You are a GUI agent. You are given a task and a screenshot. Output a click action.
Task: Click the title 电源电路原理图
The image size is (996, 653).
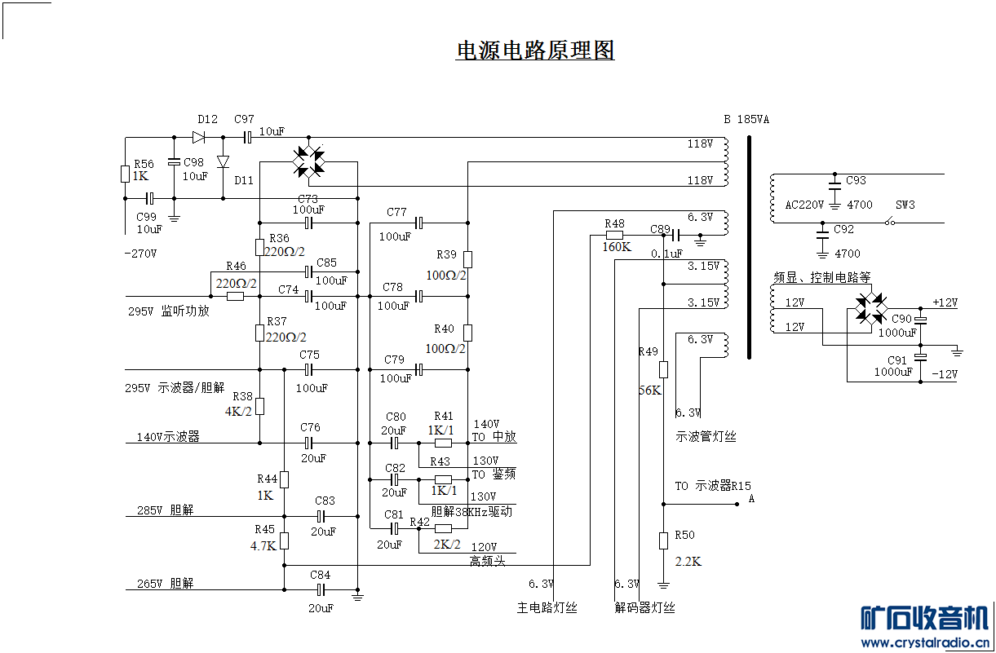(534, 51)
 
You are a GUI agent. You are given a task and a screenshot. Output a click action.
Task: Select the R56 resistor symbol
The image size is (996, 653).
(125, 174)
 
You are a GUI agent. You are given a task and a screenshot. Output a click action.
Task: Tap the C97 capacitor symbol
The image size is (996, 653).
(248, 137)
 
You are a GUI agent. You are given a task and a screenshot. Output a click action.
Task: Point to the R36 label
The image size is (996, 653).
(279, 238)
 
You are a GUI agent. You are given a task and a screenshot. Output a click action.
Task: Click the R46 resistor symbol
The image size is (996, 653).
(235, 296)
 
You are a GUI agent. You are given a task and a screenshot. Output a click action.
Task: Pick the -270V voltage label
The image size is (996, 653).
(140, 254)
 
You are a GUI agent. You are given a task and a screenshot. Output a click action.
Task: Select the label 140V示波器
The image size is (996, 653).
(168, 437)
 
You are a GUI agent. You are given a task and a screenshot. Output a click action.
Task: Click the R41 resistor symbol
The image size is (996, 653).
(443, 443)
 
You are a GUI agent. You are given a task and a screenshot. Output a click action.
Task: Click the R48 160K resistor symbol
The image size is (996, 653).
(614, 236)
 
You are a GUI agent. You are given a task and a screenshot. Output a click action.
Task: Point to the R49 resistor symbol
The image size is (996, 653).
(663, 369)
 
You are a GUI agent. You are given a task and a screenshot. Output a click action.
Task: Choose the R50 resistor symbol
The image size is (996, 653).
(663, 540)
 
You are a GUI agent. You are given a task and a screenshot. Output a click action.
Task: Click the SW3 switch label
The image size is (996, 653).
(905, 205)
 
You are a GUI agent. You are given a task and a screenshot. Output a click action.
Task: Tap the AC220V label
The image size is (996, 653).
(804, 205)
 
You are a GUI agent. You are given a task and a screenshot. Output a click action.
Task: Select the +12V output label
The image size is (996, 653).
(945, 302)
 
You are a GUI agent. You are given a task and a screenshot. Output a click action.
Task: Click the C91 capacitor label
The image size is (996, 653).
(896, 360)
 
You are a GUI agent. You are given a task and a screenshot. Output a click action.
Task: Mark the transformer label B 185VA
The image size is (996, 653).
(746, 119)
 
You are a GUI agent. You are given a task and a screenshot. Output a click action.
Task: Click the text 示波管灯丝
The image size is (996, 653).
(706, 437)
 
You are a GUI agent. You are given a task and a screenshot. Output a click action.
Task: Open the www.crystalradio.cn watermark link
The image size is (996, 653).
(927, 643)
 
